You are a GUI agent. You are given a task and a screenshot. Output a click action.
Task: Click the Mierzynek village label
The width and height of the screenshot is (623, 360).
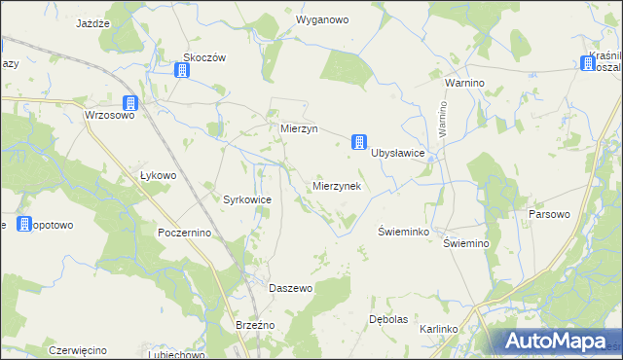point(337,186)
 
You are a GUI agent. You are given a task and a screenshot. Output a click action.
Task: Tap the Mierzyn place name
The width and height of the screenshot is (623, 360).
point(293,128)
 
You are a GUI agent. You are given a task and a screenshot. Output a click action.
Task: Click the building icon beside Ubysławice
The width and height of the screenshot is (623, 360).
point(359,142)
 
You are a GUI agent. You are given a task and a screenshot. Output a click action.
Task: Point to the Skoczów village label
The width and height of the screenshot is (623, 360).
point(204,57)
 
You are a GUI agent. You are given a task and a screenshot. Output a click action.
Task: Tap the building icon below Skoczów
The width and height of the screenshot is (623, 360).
point(182,70)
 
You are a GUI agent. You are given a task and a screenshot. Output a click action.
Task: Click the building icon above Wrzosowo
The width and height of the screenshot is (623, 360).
point(130,103)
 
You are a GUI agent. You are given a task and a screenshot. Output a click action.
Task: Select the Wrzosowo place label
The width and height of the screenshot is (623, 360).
point(109,115)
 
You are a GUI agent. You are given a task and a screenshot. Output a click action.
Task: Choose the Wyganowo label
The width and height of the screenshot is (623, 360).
point(322,19)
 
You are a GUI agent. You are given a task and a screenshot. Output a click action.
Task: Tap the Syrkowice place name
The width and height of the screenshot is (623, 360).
point(247,198)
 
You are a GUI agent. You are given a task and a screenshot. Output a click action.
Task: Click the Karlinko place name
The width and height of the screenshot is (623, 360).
point(439,329)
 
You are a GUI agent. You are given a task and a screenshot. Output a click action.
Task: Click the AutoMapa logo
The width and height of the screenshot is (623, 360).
point(555,341)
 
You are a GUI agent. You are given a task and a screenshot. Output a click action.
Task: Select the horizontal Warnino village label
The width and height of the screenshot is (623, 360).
point(464,84)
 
